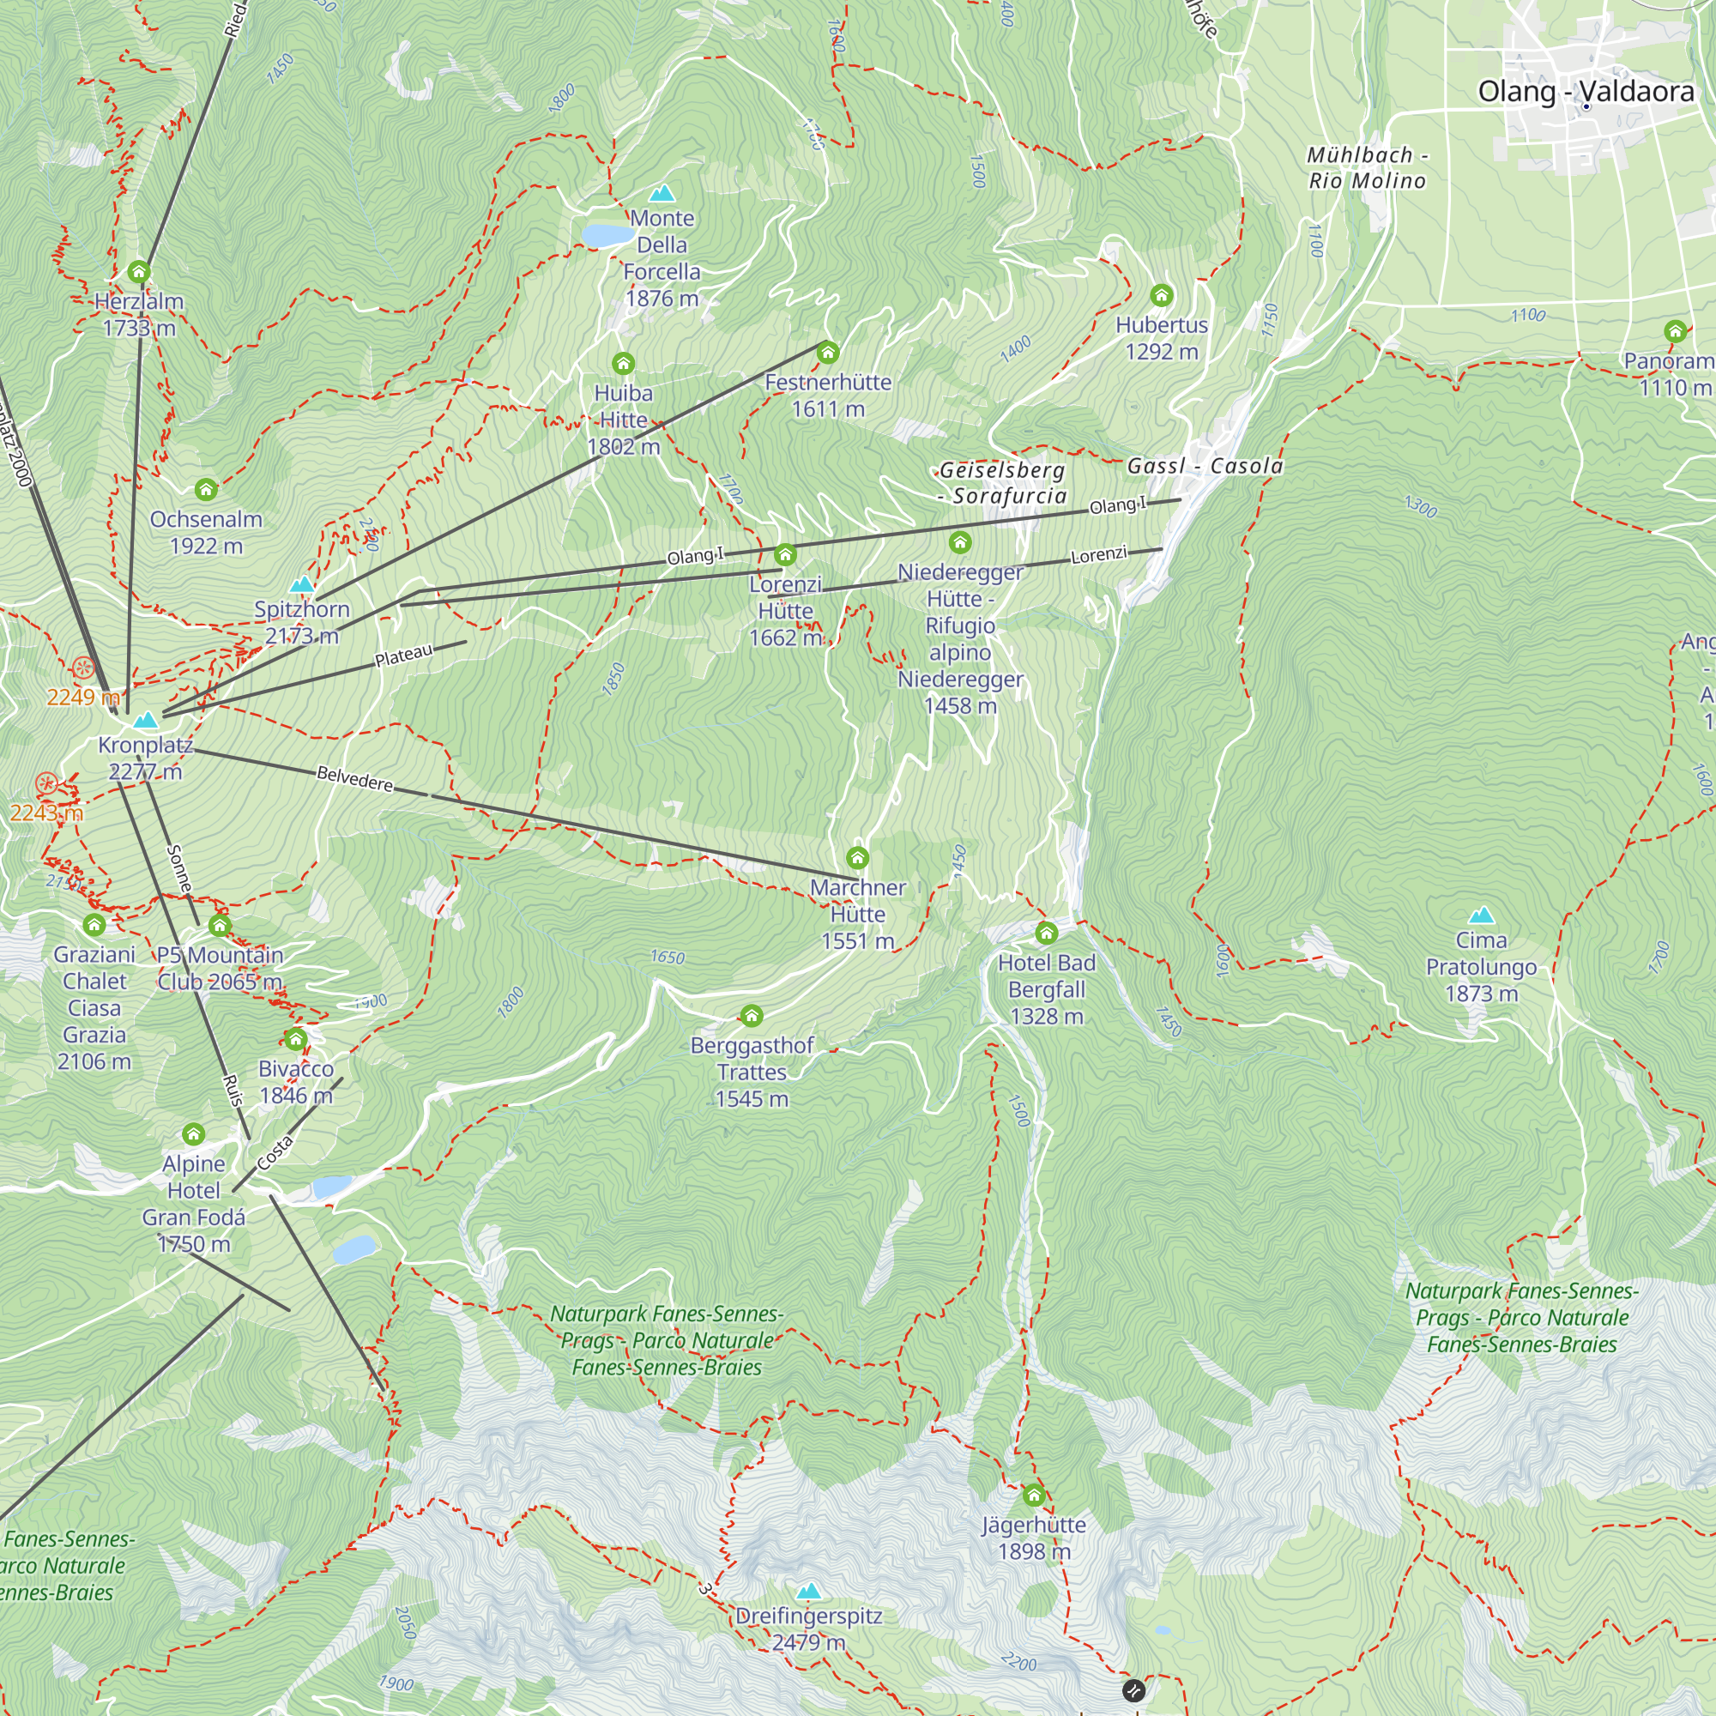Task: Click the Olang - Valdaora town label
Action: pyautogui.click(x=1585, y=92)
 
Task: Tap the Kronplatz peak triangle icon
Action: pyautogui.click(x=146, y=720)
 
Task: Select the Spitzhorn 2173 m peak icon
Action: pyautogui.click(x=302, y=584)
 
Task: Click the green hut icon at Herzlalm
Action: pyautogui.click(x=138, y=272)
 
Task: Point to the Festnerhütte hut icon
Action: pyautogui.click(x=828, y=353)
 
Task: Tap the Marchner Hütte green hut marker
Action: pyautogui.click(x=857, y=858)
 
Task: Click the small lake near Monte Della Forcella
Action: pyautogui.click(x=607, y=235)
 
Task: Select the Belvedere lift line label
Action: pyautogui.click(x=354, y=779)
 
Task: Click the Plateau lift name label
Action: pyautogui.click(x=404, y=656)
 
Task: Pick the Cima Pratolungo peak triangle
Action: pyautogui.click(x=1481, y=915)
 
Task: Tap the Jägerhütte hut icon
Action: pyautogui.click(x=1033, y=1495)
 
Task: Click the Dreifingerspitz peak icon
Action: pyautogui.click(x=808, y=1592)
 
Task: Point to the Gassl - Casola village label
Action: pyautogui.click(x=1205, y=466)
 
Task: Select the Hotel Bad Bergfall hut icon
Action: pyautogui.click(x=1046, y=933)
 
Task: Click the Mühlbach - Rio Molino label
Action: pyautogui.click(x=1367, y=168)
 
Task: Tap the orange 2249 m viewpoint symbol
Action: pyautogui.click(x=83, y=668)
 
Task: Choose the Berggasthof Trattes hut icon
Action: pyautogui.click(x=752, y=1015)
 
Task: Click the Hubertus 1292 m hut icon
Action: pyautogui.click(x=1162, y=295)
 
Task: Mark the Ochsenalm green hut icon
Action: pyautogui.click(x=206, y=489)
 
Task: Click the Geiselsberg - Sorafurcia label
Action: pyautogui.click(x=1002, y=482)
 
